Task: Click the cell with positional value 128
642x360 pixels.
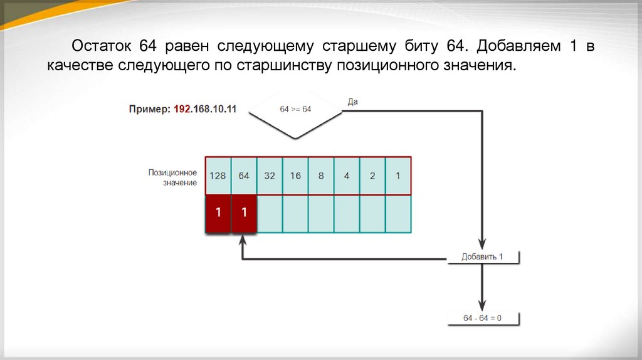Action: (x=218, y=176)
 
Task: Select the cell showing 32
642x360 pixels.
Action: (x=270, y=176)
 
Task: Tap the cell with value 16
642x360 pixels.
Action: (x=295, y=176)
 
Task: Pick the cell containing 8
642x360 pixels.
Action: (x=321, y=176)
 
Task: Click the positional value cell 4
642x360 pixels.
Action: (x=347, y=176)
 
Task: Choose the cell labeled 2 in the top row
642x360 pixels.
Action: (x=372, y=176)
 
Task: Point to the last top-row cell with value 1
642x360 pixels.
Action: (x=398, y=176)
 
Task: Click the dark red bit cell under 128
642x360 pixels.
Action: (x=218, y=213)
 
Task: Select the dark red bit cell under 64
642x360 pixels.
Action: (x=244, y=213)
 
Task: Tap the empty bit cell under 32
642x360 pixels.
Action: (x=270, y=213)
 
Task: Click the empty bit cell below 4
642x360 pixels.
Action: (x=347, y=213)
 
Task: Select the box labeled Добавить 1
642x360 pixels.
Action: (x=483, y=257)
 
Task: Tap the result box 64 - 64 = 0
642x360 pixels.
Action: (x=483, y=318)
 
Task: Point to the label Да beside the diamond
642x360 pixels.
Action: (x=352, y=102)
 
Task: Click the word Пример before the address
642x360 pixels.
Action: (x=149, y=109)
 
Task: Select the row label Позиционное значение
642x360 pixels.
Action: (x=172, y=177)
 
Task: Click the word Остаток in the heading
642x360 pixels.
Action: (x=100, y=46)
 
